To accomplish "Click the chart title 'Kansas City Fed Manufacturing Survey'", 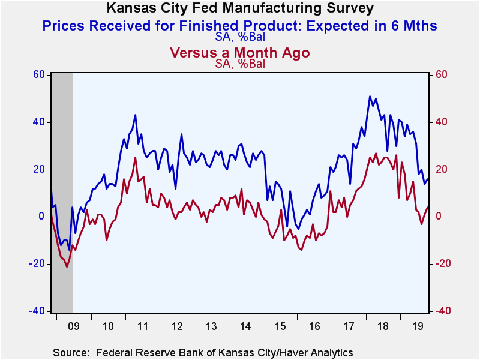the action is click(240, 8).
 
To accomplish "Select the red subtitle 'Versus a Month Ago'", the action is click(239, 53).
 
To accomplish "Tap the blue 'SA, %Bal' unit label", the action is click(240, 37).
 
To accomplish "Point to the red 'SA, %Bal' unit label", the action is click(240, 64).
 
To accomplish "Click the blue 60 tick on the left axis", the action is click(38, 74).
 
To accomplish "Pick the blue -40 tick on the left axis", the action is click(37, 311).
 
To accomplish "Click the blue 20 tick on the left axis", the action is click(38, 169).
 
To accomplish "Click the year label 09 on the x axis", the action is click(73, 326).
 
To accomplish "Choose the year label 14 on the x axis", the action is click(245, 326).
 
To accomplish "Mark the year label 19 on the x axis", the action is click(417, 326).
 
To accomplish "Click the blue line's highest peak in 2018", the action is click(370, 97).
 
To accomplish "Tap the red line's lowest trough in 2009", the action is click(67, 266).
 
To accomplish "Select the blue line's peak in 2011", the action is click(136, 115).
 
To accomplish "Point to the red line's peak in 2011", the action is click(136, 158).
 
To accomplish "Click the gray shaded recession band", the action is click(62, 193).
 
